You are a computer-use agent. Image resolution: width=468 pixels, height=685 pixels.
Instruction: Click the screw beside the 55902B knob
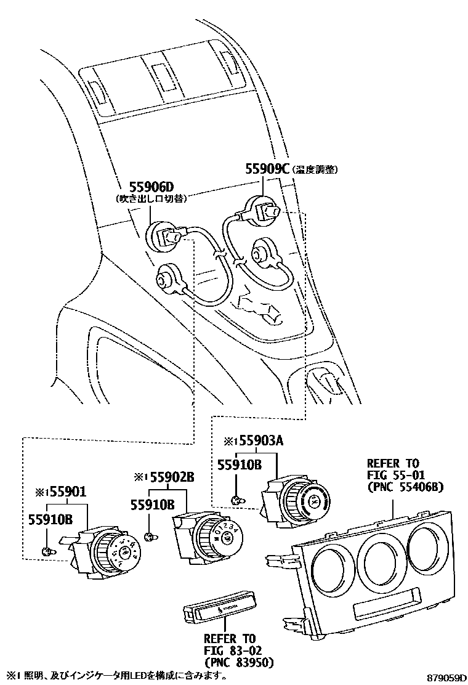[148, 538]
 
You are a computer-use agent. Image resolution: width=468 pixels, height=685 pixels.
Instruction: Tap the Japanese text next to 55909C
[316, 169]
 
